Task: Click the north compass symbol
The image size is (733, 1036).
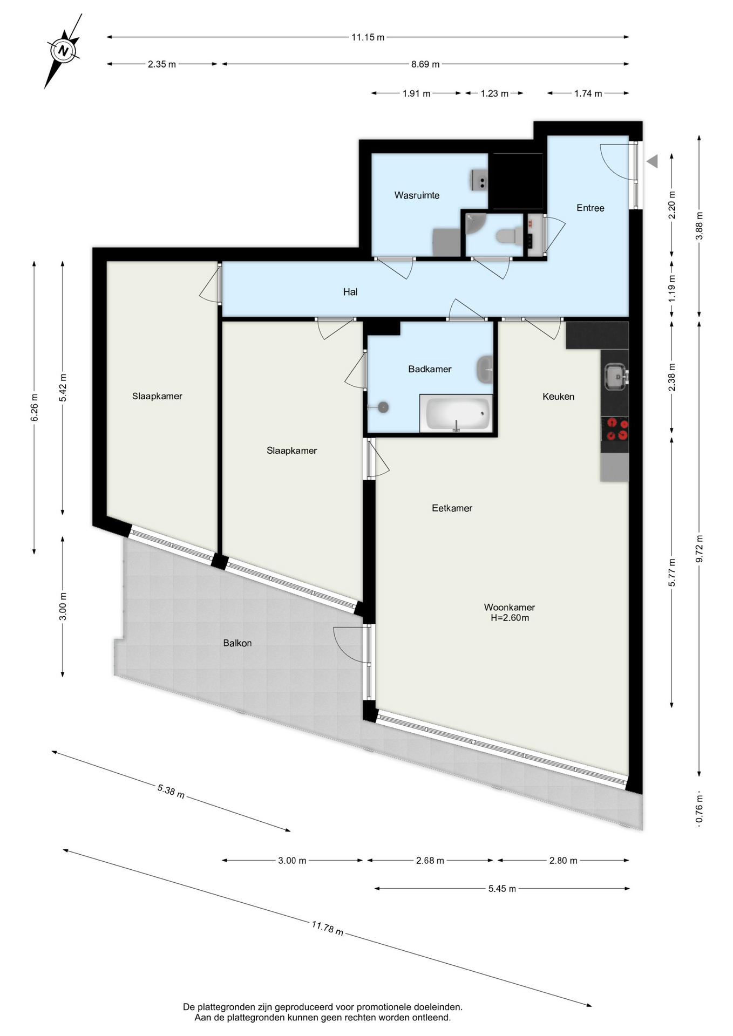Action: [64, 51]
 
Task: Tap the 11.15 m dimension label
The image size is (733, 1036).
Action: [368, 37]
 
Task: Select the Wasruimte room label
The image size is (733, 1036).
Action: [417, 195]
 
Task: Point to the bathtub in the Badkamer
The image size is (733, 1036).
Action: [456, 414]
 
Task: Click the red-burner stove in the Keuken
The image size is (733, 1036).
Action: [615, 429]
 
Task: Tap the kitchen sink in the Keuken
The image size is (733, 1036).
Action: [615, 376]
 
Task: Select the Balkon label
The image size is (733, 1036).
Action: [237, 643]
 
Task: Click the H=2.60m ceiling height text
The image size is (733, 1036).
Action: [510, 618]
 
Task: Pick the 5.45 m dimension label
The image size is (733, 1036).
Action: [502, 889]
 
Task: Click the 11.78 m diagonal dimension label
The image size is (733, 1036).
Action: [327, 928]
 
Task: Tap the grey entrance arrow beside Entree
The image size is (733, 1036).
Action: [652, 161]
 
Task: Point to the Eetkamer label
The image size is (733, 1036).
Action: [452, 508]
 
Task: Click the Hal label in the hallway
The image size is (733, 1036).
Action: [350, 292]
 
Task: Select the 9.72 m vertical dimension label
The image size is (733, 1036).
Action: [700, 549]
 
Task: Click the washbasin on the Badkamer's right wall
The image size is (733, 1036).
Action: [485, 370]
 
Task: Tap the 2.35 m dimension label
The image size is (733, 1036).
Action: [162, 64]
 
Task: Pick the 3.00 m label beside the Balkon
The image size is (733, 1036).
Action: [63, 606]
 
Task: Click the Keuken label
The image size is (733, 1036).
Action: [558, 397]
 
